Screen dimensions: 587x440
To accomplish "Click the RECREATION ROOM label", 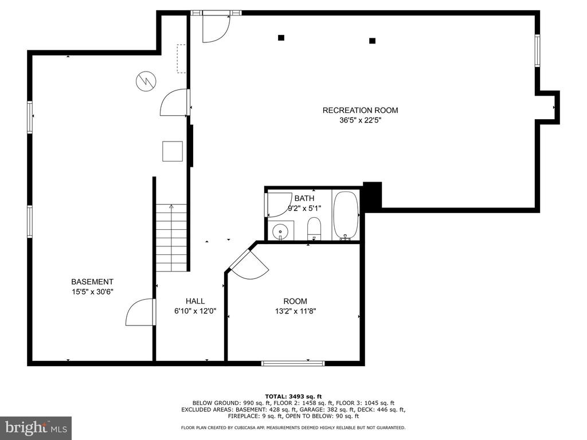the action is pos(360,111).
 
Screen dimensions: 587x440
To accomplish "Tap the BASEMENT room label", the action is pos(92,282).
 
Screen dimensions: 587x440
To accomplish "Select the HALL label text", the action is pos(195,301).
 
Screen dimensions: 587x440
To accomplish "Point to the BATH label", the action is pos(304,198).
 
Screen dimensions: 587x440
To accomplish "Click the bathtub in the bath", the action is pos(346,215).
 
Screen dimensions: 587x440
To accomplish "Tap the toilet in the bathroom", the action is pos(314,229).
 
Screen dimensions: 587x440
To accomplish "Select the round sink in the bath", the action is pos(280,231).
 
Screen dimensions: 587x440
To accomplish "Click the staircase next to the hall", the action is pos(171,238).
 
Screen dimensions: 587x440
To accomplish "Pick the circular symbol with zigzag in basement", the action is pos(146,81).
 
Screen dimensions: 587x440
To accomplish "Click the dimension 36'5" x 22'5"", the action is pos(360,120).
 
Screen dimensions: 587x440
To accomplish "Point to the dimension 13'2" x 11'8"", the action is pos(295,311).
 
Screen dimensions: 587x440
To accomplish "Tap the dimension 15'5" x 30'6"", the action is pos(92,292).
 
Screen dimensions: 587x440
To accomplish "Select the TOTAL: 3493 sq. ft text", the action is pos(293,396).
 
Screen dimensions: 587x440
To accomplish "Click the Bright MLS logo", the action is pos(36,427).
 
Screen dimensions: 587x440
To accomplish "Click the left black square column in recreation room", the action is pos(281,37).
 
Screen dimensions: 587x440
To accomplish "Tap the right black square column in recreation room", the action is pos(372,41).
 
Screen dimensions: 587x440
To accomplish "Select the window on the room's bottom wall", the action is pos(293,363).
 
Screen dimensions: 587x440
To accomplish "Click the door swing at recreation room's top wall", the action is pos(216,29).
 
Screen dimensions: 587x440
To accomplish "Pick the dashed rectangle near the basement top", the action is pos(181,58).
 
